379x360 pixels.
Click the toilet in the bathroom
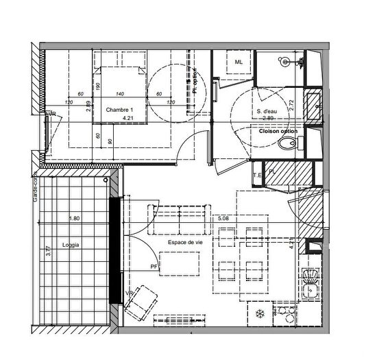[x=290, y=143]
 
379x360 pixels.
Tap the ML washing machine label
[x=239, y=62]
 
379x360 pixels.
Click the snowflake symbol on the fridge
[x=260, y=314]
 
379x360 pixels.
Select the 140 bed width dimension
[x=119, y=93]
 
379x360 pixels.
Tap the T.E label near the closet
[x=258, y=174]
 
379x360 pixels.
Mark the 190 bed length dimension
[x=99, y=86]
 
